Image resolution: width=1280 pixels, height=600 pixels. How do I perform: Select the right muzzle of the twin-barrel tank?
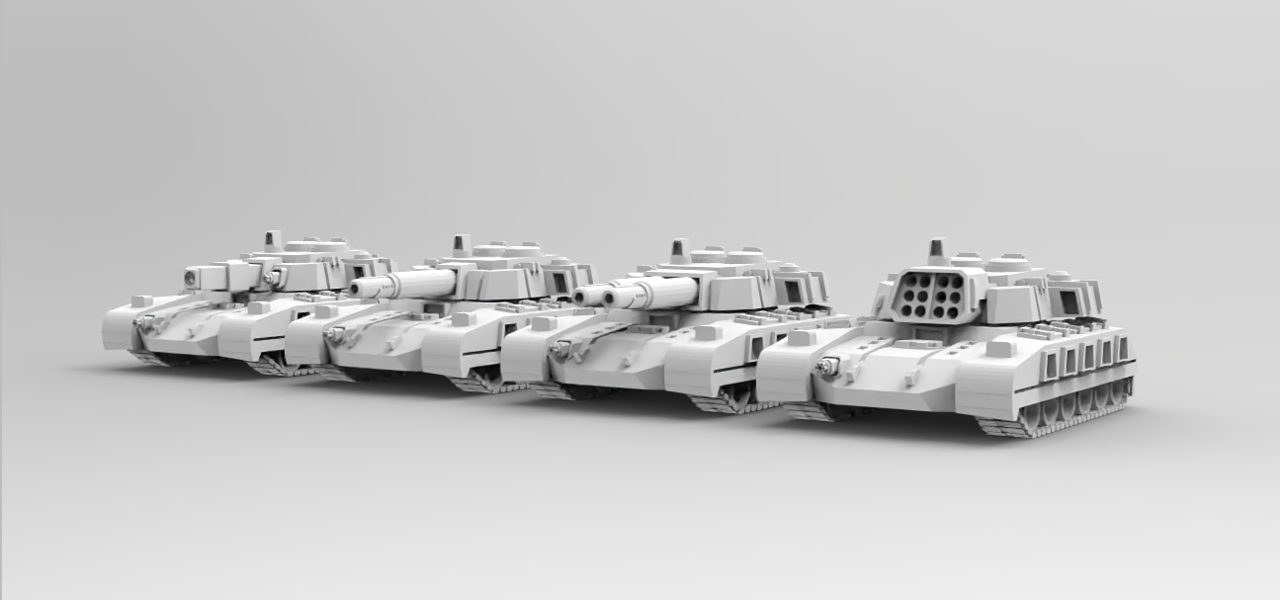[x=614, y=296]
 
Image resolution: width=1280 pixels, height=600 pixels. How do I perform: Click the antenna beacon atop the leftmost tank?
[x=273, y=240]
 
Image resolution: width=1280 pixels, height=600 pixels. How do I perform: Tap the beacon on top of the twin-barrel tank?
[x=679, y=250]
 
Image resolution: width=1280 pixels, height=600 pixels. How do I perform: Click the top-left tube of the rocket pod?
[x=901, y=284]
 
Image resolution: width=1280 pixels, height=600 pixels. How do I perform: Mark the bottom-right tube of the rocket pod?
[x=951, y=309]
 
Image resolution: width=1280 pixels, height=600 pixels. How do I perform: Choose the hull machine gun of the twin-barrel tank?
[x=563, y=349]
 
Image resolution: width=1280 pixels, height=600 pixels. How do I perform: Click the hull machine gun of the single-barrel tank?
[x=335, y=336]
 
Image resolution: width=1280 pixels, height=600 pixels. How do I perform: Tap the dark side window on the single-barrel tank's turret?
[x=560, y=283]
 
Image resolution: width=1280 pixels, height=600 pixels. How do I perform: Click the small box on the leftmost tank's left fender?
[x=141, y=300]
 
